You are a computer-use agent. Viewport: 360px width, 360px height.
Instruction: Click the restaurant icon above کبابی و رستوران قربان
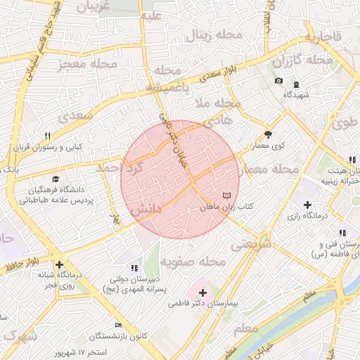click(x=48, y=136)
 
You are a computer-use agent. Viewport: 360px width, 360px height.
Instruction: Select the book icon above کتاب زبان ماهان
click(x=226, y=195)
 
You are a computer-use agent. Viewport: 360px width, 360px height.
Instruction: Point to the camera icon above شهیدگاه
click(x=279, y=81)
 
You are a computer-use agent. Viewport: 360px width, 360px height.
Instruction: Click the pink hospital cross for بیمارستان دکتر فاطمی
click(x=203, y=291)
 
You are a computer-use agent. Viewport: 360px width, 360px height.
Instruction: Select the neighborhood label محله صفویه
click(x=192, y=262)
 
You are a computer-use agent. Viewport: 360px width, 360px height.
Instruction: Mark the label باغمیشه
click(x=169, y=87)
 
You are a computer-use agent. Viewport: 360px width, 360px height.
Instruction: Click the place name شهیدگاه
click(x=296, y=94)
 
